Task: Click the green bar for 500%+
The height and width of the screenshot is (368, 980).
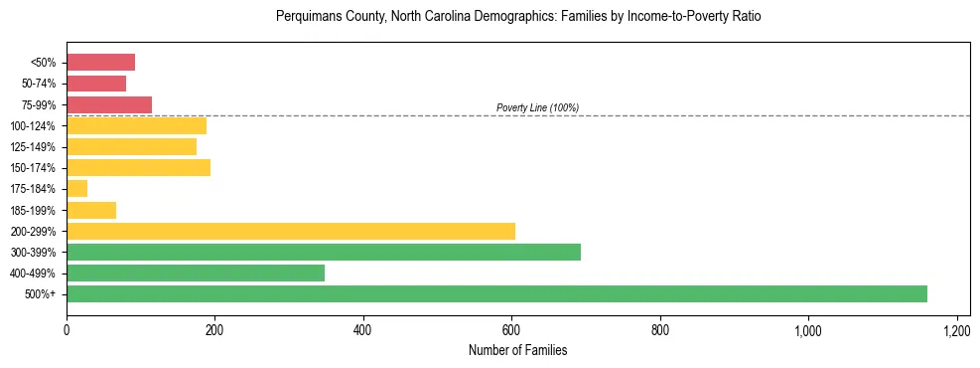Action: pyautogui.click(x=496, y=293)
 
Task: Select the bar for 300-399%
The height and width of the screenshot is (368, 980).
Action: pyautogui.click(x=324, y=252)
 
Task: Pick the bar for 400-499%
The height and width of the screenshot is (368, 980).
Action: pyautogui.click(x=196, y=273)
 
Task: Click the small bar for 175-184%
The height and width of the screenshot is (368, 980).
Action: pyautogui.click(x=77, y=188)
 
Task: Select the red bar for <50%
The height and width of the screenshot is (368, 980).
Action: pyautogui.click(x=100, y=63)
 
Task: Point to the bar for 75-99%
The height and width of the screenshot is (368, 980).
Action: pyautogui.click(x=109, y=104)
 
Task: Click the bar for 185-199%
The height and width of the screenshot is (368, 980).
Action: pyautogui.click(x=91, y=210)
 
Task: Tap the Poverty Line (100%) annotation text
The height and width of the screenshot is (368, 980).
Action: pyautogui.click(x=537, y=107)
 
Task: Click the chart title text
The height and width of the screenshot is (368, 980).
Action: pyautogui.click(x=517, y=17)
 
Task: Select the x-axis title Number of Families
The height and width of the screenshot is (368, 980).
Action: pyautogui.click(x=517, y=350)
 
